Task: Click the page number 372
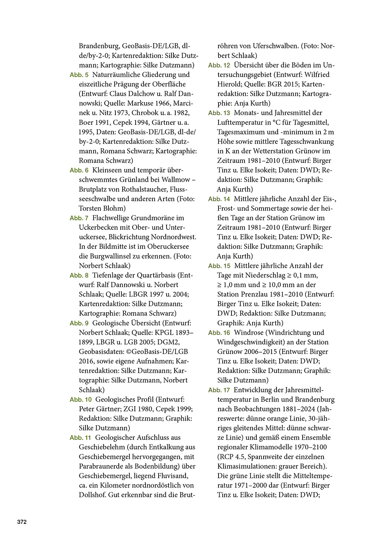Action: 22,522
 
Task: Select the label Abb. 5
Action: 79,75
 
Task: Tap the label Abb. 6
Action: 79,171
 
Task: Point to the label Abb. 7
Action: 79,218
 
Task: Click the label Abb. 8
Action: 79,276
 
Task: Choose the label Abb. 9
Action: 79,324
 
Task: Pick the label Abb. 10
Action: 81,400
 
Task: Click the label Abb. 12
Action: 219,65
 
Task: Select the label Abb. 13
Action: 219,113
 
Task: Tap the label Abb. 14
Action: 219,199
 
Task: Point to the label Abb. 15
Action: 219,266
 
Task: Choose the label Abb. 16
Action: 219,333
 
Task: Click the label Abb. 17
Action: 219,390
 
